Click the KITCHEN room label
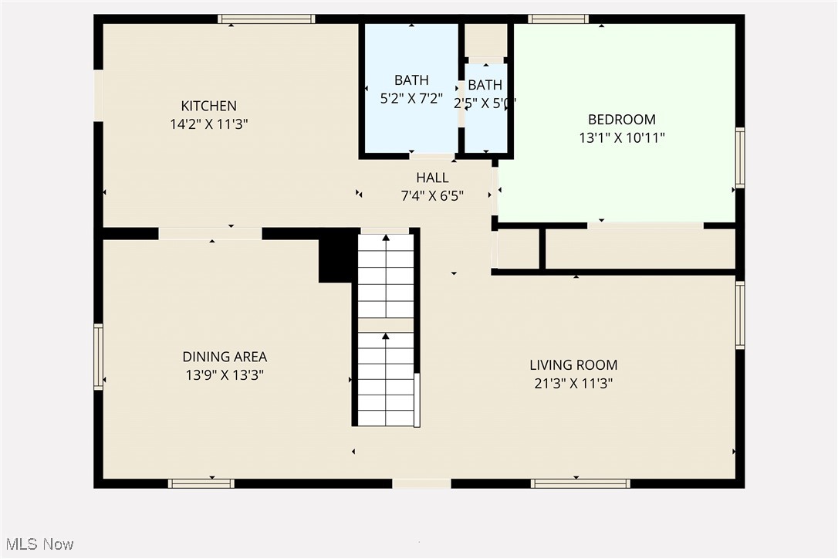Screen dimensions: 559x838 coord(208,106)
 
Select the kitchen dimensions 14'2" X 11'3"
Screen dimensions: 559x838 coord(208,124)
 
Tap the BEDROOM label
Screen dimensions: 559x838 coord(621,120)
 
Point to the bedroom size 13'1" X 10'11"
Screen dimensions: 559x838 coord(621,137)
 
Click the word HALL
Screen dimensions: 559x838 coord(432,178)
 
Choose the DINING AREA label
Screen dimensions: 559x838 coord(225,357)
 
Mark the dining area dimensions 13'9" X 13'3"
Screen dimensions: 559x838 coord(225,375)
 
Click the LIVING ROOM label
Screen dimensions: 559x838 coord(573,365)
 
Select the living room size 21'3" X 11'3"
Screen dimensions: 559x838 coord(573,383)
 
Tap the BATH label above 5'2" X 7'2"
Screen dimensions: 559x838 coord(411,80)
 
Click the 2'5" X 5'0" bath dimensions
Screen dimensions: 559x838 coord(485,103)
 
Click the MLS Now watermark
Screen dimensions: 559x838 coord(37,544)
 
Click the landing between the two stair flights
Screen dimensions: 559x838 coord(386,325)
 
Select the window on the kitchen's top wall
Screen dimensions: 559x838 coord(266,19)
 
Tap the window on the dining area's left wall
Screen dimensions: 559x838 coord(98,357)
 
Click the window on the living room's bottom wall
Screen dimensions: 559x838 coord(580,483)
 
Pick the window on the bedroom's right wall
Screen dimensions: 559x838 coord(740,158)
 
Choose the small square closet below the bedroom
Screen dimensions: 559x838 coord(518,249)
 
